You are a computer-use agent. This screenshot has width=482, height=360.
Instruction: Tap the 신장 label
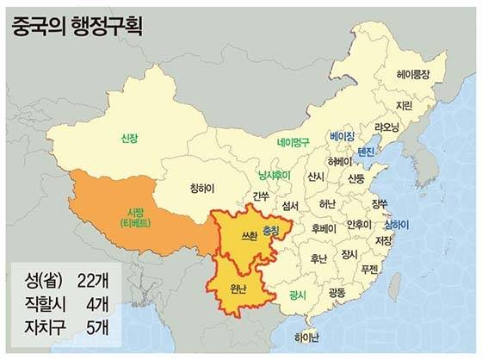pyautogui.click(x=130, y=138)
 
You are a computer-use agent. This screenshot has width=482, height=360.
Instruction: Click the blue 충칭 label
pyautogui.click(x=271, y=231)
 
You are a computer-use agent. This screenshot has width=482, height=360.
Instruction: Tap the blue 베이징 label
pyautogui.click(x=342, y=136)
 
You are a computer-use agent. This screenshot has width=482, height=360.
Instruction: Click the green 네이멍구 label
pyautogui.click(x=294, y=142)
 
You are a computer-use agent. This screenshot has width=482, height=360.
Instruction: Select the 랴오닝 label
pyautogui.click(x=386, y=127)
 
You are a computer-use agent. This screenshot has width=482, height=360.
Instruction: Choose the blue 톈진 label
pyautogui.click(x=366, y=152)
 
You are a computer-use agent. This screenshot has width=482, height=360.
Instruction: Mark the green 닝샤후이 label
pyautogui.click(x=275, y=175)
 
